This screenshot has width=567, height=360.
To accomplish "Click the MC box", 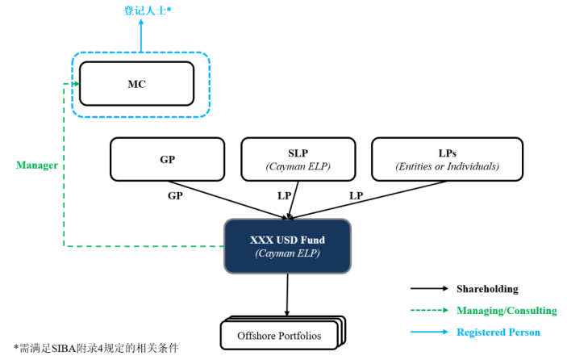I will pos(135,84).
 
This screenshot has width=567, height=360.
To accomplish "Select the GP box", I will pos(167,159).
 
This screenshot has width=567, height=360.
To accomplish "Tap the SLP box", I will pos(298,159).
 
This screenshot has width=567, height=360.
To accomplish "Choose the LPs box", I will pos(447,159).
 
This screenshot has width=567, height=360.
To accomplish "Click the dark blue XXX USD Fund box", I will pos(286,245).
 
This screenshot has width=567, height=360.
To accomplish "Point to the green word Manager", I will pos(37,165).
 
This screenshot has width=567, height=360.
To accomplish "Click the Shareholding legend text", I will pos(487,289).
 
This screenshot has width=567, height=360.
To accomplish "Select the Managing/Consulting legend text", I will pos(507,311).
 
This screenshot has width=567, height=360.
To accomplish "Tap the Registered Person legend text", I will pos(498,332).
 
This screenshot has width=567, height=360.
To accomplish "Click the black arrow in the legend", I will pos(429,289).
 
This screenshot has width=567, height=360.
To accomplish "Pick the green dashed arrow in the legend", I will pos(429,311).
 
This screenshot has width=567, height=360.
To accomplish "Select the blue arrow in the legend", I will pos(429,332).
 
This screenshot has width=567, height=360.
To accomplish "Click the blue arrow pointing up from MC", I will pos(141,36).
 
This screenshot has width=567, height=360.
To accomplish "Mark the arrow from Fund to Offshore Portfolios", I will pos(286,295).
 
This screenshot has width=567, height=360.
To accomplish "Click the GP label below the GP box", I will pos(175,195).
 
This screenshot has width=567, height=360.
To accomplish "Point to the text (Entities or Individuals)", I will pos(447,166).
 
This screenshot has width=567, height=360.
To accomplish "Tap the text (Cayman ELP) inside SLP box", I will pos(298,166).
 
